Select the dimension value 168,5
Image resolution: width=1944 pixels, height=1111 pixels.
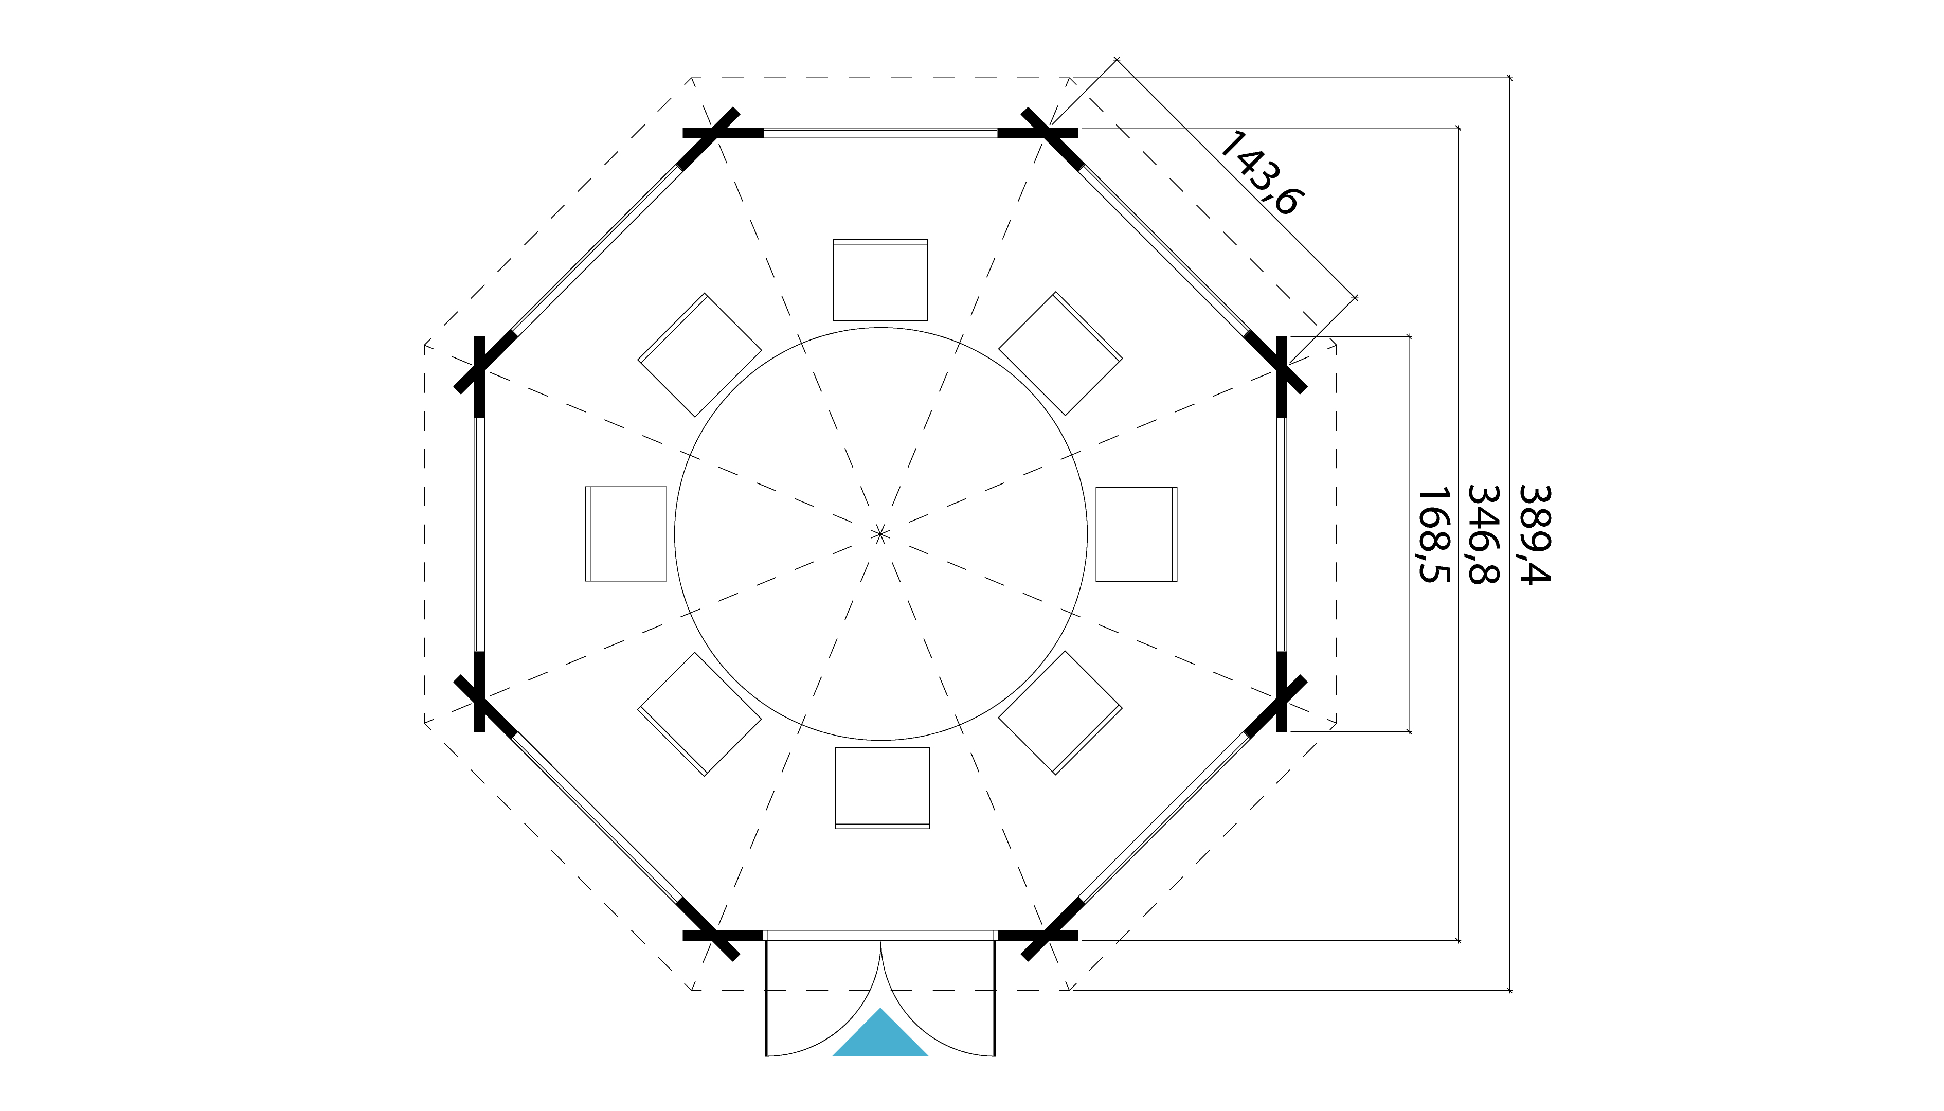(1432, 535)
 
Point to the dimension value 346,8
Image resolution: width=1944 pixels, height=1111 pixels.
(1482, 535)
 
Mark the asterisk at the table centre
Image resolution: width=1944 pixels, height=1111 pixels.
(880, 534)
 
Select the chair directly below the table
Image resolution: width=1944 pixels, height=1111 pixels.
(882, 787)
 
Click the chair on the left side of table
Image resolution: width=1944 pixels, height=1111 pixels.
(625, 534)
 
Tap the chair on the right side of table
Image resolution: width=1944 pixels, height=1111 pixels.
(1136, 534)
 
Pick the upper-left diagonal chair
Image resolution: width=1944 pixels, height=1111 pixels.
(699, 355)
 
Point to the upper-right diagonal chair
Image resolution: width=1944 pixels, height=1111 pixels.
(1060, 353)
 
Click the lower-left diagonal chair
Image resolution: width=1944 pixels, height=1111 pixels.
(699, 713)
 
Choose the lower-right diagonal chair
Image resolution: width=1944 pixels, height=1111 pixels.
(1060, 713)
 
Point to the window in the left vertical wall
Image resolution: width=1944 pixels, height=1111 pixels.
(479, 534)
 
